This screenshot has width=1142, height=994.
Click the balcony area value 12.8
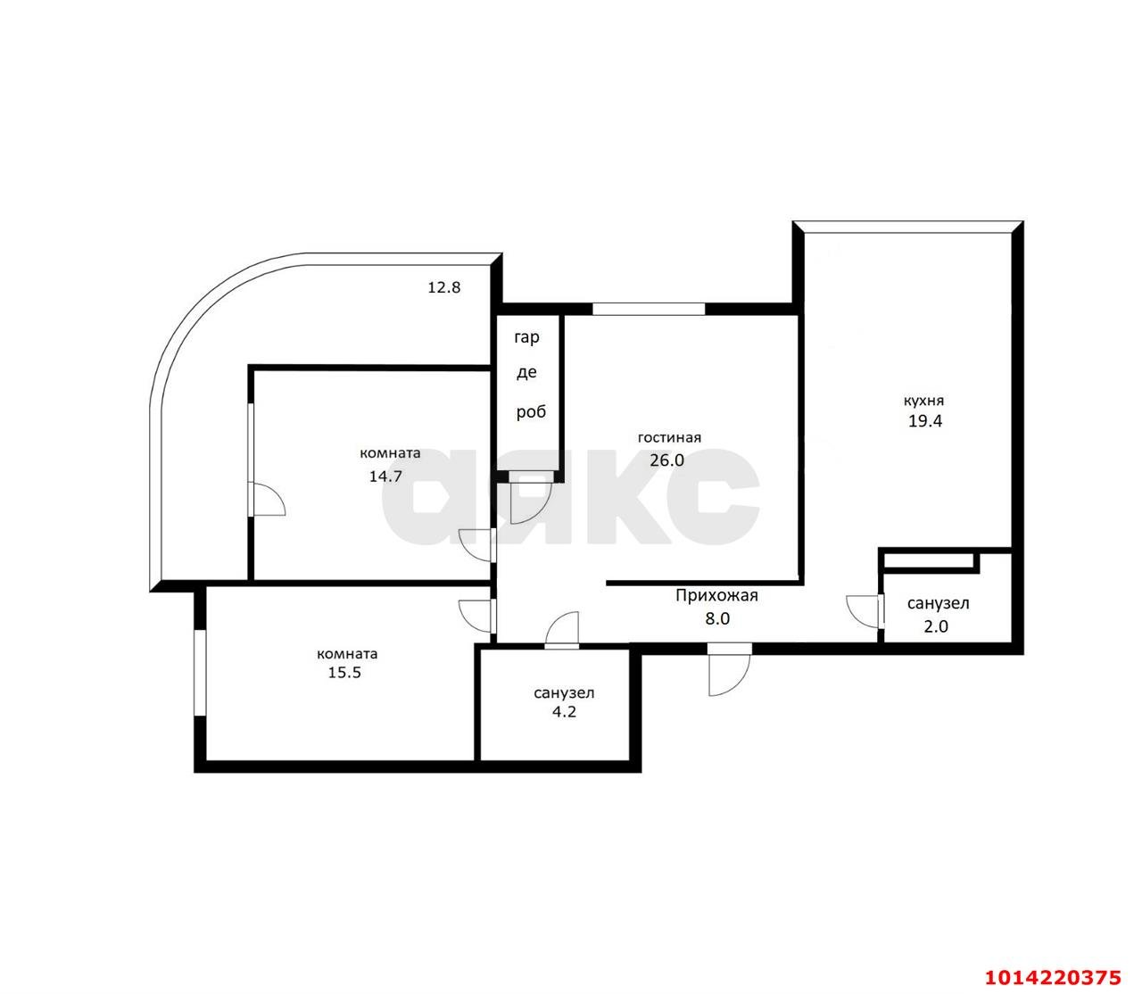click(443, 287)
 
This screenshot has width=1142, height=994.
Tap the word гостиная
click(668, 438)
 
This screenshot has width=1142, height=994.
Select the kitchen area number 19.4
click(925, 421)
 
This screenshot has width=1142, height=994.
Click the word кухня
click(923, 401)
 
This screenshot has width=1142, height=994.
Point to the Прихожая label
click(716, 596)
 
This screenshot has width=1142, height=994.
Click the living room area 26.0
click(666, 460)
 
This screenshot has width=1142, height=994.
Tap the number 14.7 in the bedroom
click(385, 476)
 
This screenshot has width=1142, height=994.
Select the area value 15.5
click(344, 673)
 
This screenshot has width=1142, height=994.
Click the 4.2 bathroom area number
click(564, 712)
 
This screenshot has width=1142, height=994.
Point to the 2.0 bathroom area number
click(936, 626)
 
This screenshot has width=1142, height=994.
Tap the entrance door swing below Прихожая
click(729, 669)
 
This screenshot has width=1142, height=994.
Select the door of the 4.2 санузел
click(562, 630)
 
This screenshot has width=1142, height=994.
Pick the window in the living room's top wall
click(649, 309)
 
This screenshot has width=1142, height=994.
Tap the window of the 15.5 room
click(200, 673)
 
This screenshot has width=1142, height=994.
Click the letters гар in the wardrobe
click(527, 338)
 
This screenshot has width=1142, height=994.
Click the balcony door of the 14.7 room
click(266, 459)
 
